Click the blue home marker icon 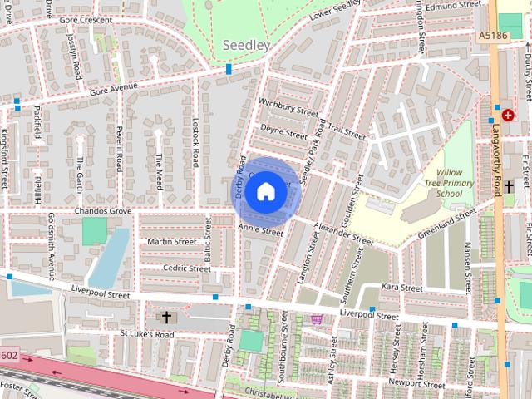[265, 192]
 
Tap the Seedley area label [247, 45]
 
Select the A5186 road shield [493, 36]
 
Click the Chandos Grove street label [103, 212]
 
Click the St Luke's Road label [147, 334]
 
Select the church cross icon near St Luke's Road [166, 317]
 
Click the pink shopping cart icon [317, 318]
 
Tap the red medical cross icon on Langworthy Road [508, 116]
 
